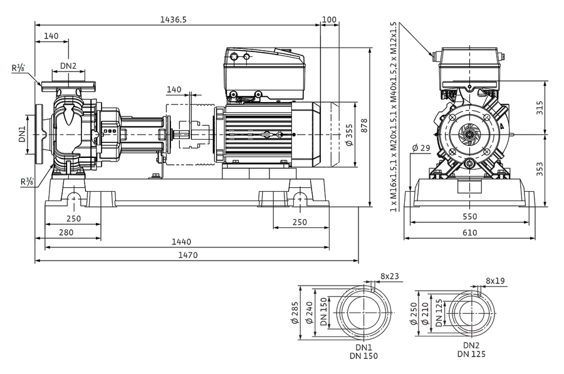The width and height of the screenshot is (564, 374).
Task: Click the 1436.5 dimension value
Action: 174,19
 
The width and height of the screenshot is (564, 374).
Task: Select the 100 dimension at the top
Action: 329,19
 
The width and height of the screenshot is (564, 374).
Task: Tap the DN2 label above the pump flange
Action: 68,66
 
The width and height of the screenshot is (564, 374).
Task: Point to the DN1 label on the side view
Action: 23,134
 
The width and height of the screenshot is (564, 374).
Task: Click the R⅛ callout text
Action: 18,68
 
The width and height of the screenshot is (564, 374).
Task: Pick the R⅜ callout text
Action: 28,182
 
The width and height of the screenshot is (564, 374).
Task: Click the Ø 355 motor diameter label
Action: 349,135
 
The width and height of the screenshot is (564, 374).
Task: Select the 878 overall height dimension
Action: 364,126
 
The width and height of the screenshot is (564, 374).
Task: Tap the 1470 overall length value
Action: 188,255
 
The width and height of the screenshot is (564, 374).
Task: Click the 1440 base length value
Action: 181,242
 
